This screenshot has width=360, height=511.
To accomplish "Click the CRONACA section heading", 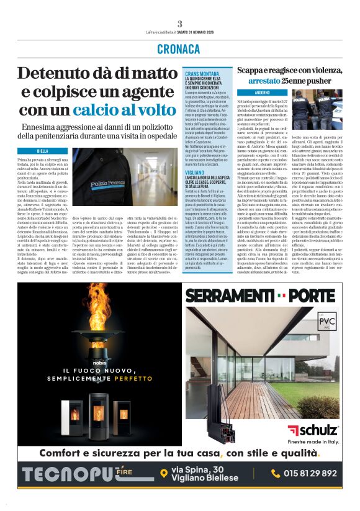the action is coord(179,49).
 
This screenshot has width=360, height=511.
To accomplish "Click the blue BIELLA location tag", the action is coord(43,151).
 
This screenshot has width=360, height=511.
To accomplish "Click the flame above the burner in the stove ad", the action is coord(100,323).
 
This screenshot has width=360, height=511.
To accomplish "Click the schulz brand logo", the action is coord(313,430).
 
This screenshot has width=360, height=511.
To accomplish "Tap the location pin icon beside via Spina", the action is coord(164,474).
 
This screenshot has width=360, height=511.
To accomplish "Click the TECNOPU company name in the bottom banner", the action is coord(68,473).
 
